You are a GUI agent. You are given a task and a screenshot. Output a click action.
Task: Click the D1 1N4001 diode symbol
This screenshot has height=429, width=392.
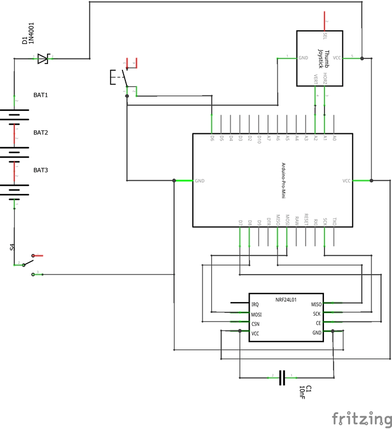point(43,58)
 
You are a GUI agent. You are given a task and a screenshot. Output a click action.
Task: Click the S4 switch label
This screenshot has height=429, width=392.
point(12,247)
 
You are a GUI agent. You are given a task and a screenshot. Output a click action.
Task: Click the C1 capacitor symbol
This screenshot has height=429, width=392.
point(282,377)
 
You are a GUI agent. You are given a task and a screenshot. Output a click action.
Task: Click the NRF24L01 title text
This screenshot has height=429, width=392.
point(286,299)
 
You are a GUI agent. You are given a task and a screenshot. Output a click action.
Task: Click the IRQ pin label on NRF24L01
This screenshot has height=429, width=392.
point(255,305)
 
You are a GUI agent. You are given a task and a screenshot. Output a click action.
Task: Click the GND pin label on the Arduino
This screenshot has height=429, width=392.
point(200,181)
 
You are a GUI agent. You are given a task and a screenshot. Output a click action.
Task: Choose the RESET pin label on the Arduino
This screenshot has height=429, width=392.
point(306,219)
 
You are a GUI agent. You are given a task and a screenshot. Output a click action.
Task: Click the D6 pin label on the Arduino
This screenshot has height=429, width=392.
point(212,138)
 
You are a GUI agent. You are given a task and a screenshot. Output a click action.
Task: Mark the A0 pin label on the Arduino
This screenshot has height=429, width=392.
point(335,138)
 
